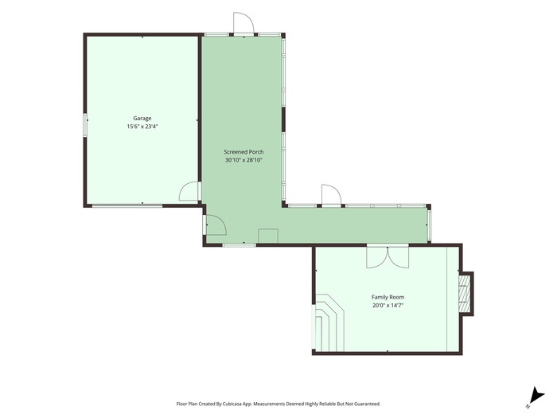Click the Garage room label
(142, 119)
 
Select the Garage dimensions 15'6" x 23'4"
(142, 127)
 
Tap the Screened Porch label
(243, 152)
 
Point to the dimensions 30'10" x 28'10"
(243, 160)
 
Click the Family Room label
(388, 297)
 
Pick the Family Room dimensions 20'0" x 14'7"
(388, 305)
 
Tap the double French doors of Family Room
(388, 256)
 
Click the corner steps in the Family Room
(329, 322)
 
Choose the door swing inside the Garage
(189, 191)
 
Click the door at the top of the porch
(243, 23)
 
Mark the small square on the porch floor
(268, 236)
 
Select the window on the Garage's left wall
(85, 124)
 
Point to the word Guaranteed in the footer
(368, 404)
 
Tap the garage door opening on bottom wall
(127, 205)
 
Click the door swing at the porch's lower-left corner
(216, 225)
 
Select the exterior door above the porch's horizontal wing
(331, 195)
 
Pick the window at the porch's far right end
(429, 225)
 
